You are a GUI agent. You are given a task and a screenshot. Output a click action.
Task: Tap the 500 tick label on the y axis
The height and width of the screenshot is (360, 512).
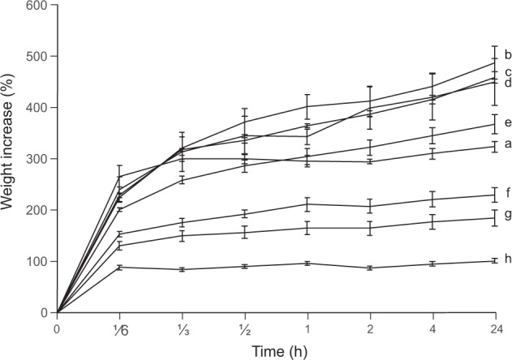click(x=35, y=57)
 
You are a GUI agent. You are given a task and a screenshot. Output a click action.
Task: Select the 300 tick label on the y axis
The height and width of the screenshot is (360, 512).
click(x=35, y=159)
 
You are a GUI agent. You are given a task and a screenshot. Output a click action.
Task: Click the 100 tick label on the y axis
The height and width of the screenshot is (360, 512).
click(x=35, y=261)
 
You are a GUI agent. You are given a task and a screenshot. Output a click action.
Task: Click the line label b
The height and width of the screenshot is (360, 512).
click(x=507, y=55)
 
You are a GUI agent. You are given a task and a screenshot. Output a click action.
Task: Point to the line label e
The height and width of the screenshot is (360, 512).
click(x=507, y=123)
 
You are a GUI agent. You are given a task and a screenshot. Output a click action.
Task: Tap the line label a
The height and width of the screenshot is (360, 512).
click(x=507, y=144)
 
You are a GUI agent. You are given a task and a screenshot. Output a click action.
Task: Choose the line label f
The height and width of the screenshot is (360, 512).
click(x=507, y=193)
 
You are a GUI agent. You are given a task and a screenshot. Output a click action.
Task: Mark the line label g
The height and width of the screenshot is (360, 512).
click(x=507, y=215)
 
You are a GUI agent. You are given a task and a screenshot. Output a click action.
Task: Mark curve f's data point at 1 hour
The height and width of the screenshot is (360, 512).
click(x=308, y=204)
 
